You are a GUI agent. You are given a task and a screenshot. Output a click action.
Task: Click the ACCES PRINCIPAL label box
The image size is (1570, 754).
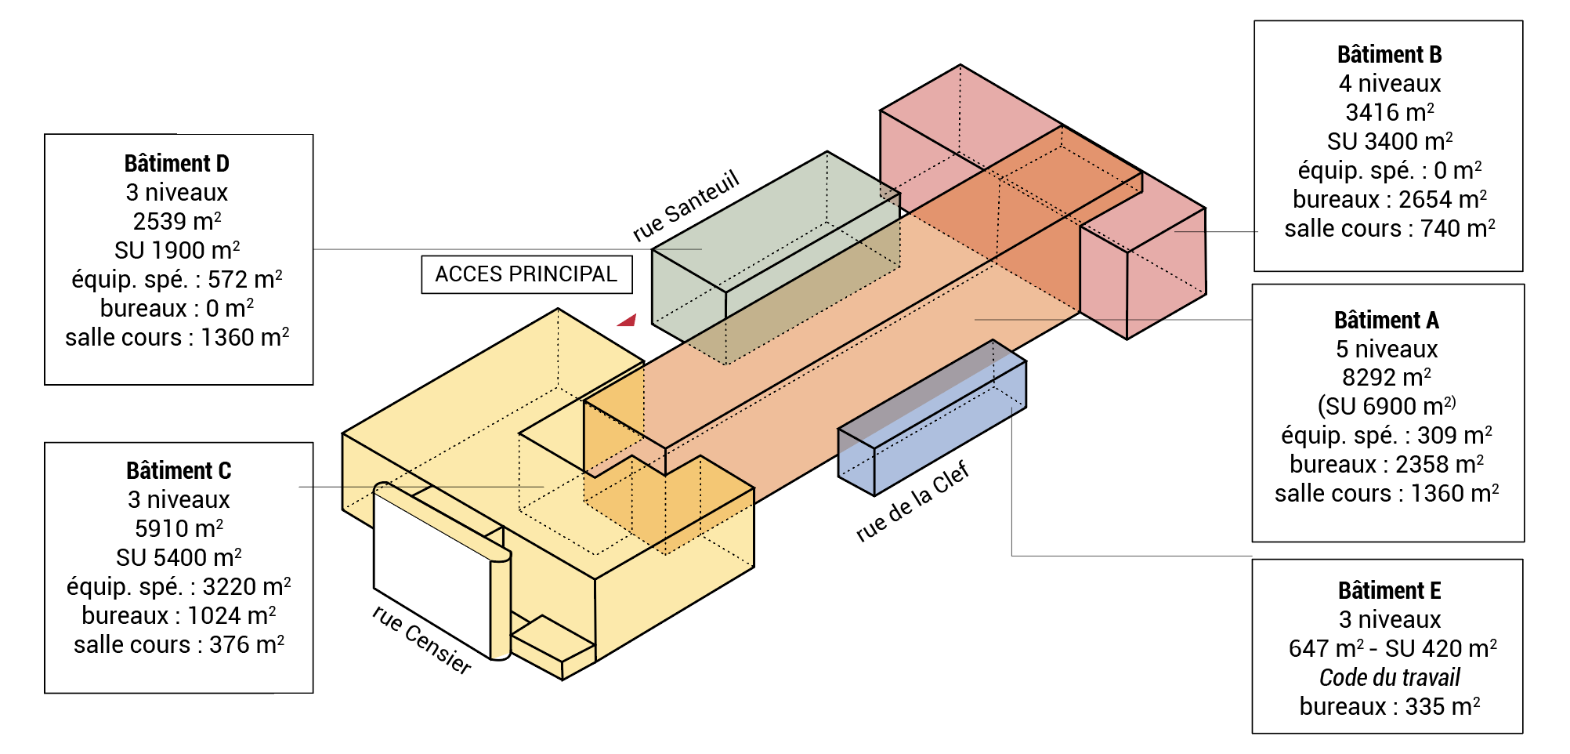point(526,274)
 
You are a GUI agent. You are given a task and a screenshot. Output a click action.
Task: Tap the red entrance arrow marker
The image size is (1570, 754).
point(628,320)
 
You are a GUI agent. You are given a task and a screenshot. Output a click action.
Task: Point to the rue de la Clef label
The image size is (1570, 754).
point(912,502)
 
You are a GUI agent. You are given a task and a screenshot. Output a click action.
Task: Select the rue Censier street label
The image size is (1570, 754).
point(421,640)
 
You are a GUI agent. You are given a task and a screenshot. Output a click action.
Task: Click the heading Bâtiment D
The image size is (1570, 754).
point(177,164)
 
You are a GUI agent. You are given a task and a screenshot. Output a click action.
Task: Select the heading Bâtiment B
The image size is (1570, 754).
point(1389,55)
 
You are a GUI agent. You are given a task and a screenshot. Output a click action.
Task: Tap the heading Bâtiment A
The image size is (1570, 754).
point(1386,321)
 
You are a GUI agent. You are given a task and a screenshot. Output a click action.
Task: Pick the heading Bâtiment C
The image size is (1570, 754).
point(179,471)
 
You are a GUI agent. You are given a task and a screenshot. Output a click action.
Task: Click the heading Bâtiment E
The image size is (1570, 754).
point(1389,591)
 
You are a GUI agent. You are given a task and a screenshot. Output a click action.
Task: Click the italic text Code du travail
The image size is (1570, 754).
point(1389,678)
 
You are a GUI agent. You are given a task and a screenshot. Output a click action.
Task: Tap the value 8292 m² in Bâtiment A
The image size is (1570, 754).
point(1386,378)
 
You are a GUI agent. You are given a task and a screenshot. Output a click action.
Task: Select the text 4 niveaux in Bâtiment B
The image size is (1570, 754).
point(1389,84)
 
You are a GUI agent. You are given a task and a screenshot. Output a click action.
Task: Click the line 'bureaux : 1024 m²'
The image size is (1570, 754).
point(179,616)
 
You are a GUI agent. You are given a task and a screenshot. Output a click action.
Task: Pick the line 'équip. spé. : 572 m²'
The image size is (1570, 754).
point(177,280)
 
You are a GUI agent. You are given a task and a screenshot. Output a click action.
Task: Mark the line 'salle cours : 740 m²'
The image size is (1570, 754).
point(1389,229)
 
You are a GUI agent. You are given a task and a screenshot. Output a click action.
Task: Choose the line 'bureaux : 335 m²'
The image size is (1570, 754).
point(1389,707)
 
